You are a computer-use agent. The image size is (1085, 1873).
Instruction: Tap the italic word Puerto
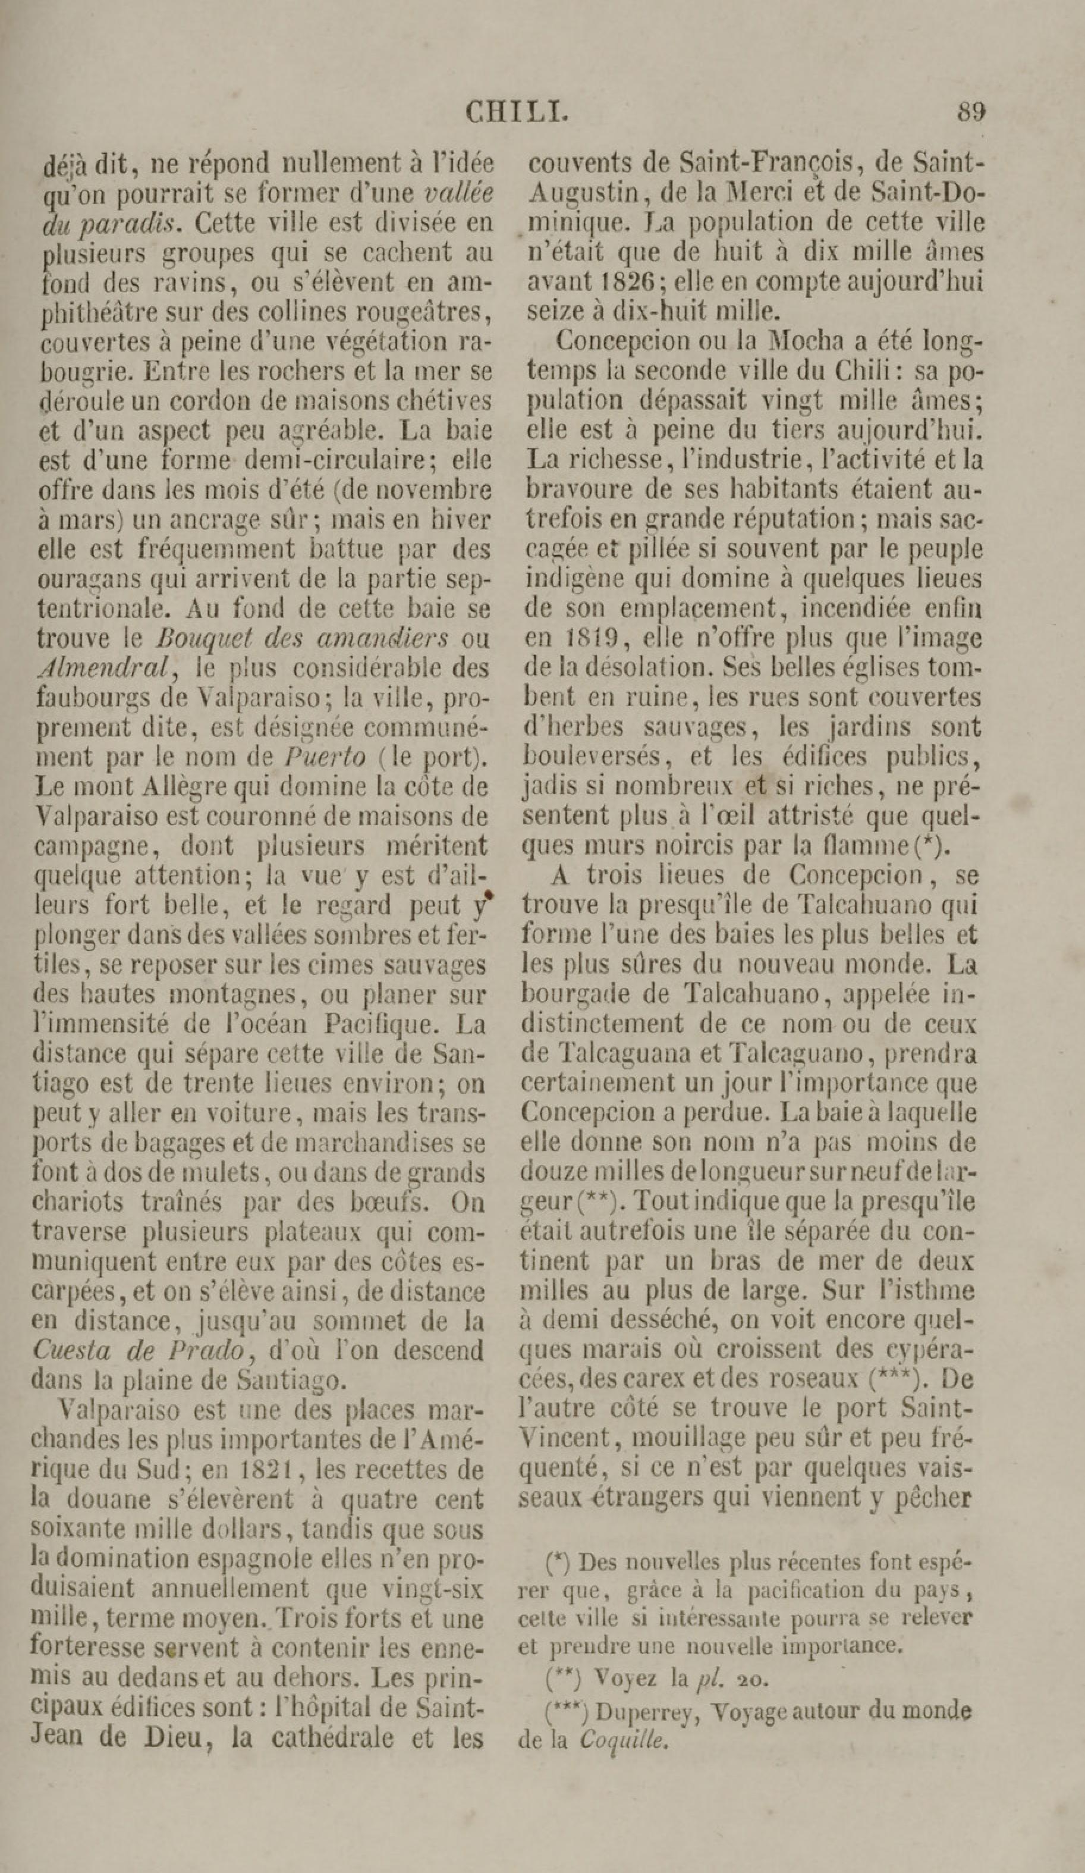click(x=326, y=757)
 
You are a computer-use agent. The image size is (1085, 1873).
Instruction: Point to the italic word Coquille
click(x=623, y=1740)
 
